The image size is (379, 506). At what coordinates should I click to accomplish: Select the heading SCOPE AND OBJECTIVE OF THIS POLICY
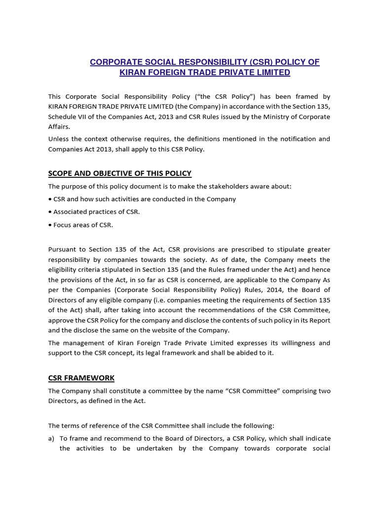(x=119, y=173)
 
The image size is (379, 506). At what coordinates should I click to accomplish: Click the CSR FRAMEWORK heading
(x=81, y=378)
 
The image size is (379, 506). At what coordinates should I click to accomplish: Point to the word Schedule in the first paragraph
(x=63, y=117)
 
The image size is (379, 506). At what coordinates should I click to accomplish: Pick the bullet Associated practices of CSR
(x=94, y=212)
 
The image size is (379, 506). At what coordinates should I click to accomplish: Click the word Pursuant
(x=63, y=249)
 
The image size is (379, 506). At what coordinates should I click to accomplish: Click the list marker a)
(x=51, y=438)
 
